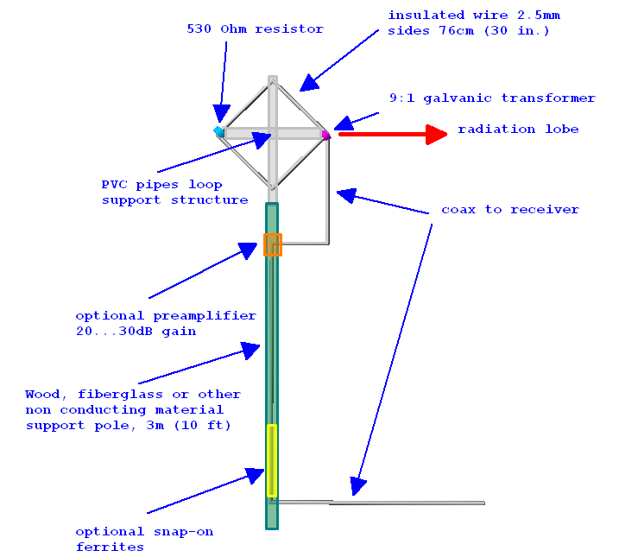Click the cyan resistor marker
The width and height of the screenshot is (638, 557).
218,131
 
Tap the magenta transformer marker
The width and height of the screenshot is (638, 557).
325,135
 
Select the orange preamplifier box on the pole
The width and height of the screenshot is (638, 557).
273,244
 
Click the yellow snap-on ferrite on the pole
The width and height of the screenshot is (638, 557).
272,460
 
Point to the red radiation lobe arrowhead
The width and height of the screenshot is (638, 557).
437,134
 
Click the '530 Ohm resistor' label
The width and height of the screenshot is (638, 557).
256,29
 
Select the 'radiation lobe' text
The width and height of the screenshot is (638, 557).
518,130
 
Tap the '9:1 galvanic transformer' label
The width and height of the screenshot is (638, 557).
492,98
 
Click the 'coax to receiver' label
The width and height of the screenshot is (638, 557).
510,210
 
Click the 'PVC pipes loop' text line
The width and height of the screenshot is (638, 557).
162,185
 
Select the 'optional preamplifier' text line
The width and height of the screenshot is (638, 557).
166,316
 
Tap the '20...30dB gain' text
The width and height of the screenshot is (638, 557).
136,332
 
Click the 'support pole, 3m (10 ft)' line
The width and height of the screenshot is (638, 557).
129,426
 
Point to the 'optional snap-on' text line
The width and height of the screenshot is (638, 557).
144,532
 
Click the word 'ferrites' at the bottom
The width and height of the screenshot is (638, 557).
110,548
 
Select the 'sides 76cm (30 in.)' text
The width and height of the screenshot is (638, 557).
469,31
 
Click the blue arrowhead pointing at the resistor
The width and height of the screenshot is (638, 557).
222,113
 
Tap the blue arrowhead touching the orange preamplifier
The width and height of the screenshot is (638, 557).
249,250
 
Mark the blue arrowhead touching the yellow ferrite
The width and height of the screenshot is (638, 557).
255,476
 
